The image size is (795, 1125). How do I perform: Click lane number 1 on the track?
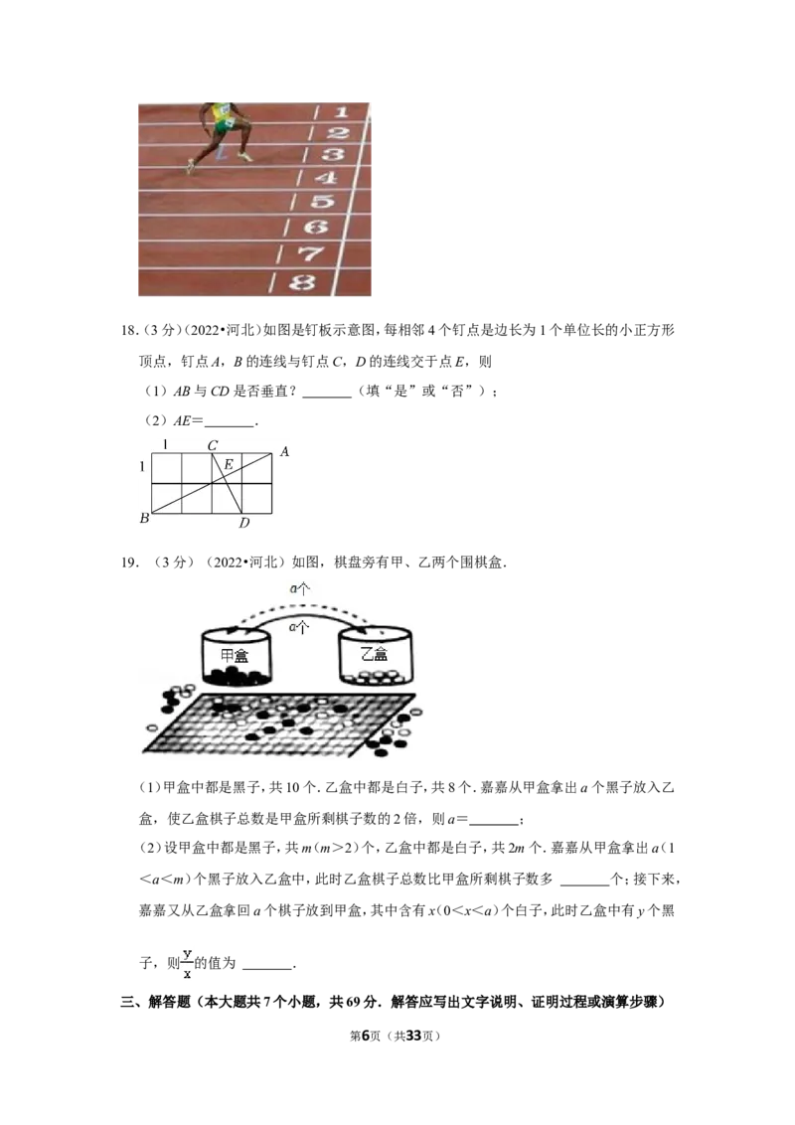pos(341,112)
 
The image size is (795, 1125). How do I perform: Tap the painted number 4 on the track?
pos(326,178)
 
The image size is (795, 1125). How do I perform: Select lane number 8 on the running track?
pos(302,282)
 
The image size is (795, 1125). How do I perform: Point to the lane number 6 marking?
pos(317,227)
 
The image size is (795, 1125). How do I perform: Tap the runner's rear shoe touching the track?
pos(190,166)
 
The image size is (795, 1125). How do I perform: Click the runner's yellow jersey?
pos(218,113)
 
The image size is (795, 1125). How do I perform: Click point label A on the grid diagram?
pos(283,452)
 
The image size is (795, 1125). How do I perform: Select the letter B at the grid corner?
pos(144,518)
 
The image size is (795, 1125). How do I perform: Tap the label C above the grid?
pos(212,446)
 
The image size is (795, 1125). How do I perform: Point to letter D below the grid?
pos(243,524)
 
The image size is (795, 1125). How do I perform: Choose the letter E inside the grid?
pos(228,464)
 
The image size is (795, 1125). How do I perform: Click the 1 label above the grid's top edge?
pos(165,444)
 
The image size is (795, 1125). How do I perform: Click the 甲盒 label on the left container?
pos(235,656)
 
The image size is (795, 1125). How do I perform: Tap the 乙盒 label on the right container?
pos(375,656)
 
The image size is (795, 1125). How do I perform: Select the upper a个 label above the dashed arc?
pos(299,588)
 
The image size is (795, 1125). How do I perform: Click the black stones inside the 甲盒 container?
pos(237,677)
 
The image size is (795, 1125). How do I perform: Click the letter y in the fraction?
pos(187,953)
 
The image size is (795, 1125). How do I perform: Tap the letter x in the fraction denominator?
pos(187,975)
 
